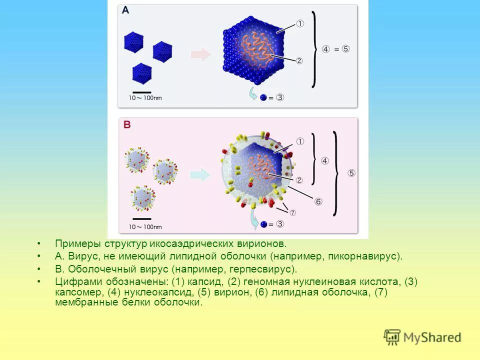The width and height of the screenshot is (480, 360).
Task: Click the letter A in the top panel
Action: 125,10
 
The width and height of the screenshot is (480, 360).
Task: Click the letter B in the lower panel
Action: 127,124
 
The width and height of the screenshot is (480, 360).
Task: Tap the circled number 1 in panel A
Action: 300,23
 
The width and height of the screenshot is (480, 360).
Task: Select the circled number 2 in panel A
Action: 299,61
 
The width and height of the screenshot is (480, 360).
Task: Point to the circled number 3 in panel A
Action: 280,98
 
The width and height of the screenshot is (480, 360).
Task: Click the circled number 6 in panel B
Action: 318,201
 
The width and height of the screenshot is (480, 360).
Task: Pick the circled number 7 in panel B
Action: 292,212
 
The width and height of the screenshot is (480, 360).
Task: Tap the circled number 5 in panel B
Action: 351,173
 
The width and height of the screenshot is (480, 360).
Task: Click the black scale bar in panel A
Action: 142,92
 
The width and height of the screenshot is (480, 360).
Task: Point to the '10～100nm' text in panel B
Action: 145,227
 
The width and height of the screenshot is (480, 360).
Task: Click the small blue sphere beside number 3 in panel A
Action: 263,98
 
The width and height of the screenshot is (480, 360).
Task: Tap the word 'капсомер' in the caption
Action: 77,292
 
